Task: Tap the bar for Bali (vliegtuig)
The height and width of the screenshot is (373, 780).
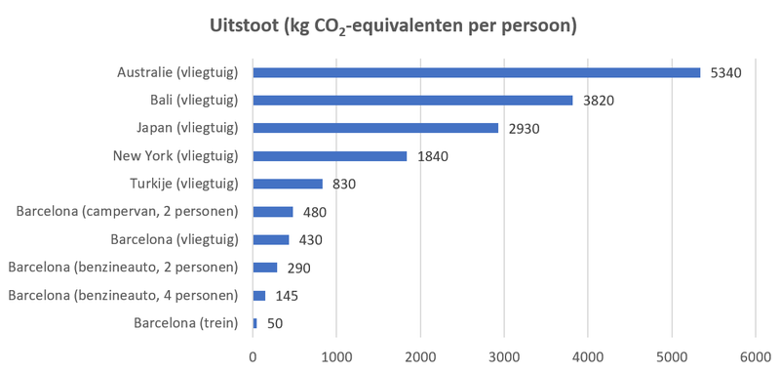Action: coord(412,100)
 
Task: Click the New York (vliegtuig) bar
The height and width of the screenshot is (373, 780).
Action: coord(330,156)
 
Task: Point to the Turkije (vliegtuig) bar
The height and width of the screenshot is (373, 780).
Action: coord(288,184)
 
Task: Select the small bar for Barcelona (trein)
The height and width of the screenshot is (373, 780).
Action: coord(255,323)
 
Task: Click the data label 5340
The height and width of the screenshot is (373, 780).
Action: coord(726,72)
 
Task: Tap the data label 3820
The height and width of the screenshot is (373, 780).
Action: coord(599,101)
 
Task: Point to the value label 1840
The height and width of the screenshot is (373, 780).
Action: coord(433,156)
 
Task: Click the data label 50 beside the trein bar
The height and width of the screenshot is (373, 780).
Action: coord(274,323)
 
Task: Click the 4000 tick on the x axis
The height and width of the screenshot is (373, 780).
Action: coord(588,357)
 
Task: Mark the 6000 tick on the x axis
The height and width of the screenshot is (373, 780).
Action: coord(755,357)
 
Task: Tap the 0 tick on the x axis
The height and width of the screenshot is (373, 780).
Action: coord(253,357)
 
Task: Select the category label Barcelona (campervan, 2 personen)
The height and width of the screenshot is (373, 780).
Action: coord(128,212)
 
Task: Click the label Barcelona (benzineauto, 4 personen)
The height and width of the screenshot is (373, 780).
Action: coord(123,295)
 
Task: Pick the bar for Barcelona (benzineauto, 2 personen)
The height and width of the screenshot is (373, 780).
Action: coord(265,268)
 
